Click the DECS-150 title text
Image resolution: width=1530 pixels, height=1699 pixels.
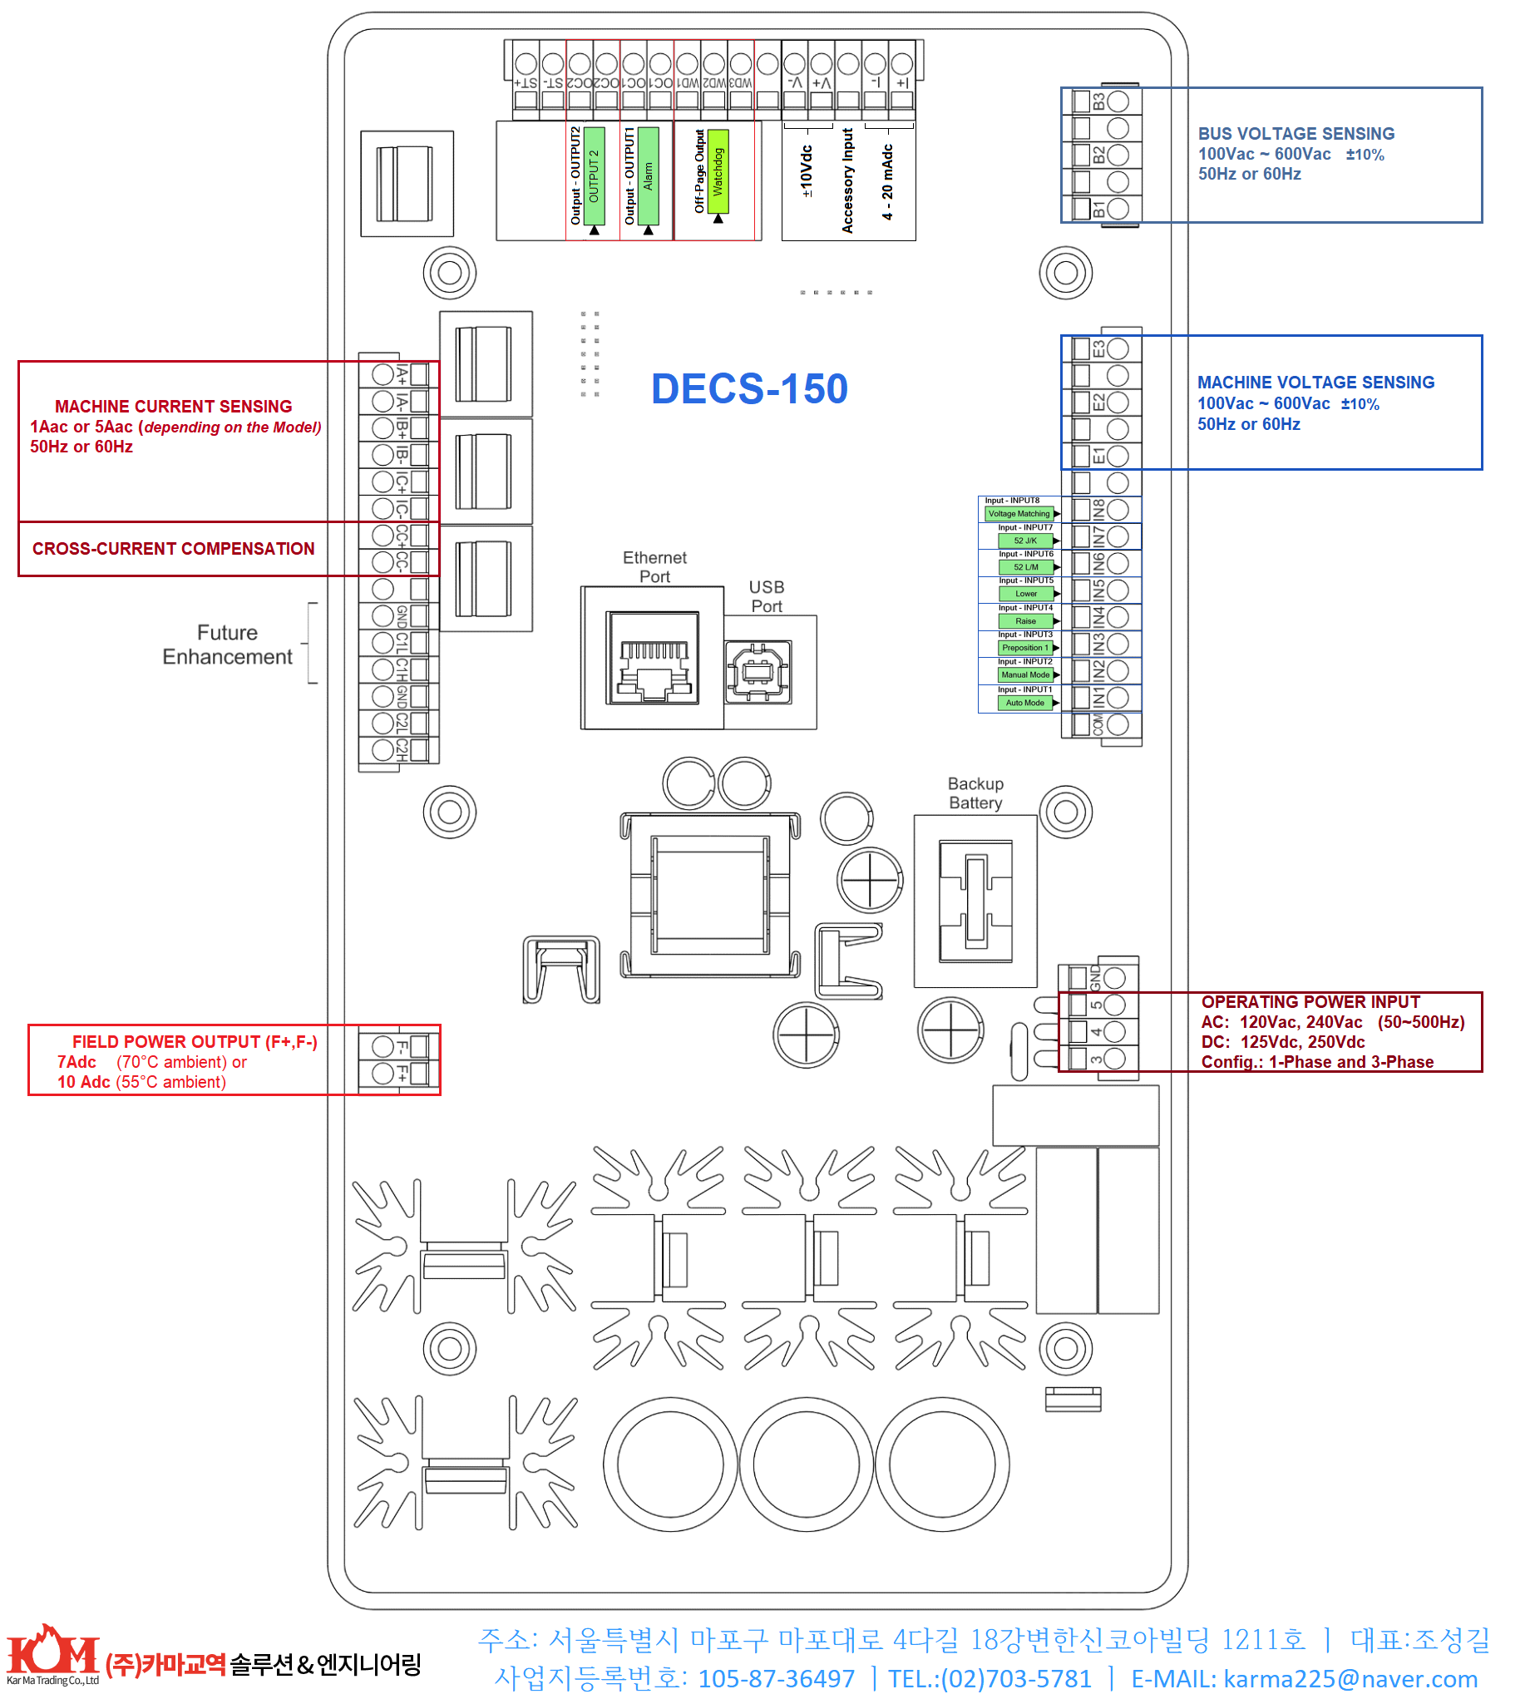click(749, 389)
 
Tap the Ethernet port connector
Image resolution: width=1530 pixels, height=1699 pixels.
click(653, 659)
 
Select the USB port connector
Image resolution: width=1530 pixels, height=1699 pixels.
click(758, 672)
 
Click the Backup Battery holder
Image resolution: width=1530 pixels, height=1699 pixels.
click(975, 901)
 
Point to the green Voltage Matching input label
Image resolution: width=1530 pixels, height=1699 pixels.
click(1019, 514)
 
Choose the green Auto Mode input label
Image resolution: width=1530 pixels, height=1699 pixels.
click(1024, 703)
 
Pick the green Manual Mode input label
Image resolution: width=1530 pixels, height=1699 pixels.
click(1024, 675)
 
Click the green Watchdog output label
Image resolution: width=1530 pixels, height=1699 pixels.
click(718, 171)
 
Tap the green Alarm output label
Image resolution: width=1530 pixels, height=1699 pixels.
click(648, 175)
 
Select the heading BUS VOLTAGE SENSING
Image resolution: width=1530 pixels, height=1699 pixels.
click(1296, 134)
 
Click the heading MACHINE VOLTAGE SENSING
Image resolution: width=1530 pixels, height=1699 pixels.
click(1315, 383)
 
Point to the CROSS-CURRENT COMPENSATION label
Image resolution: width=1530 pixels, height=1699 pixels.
click(173, 549)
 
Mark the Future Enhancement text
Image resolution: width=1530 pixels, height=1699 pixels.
click(227, 645)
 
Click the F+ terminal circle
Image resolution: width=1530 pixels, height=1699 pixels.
click(383, 1073)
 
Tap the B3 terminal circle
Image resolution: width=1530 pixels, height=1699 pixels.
click(1118, 101)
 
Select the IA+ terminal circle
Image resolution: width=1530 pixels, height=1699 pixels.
click(383, 374)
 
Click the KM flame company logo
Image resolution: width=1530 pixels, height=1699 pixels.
click(53, 1652)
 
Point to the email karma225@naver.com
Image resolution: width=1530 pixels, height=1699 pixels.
click(1350, 1679)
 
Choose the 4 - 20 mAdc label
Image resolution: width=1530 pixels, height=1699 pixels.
click(888, 181)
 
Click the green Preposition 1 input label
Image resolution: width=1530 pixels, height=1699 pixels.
click(1024, 647)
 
